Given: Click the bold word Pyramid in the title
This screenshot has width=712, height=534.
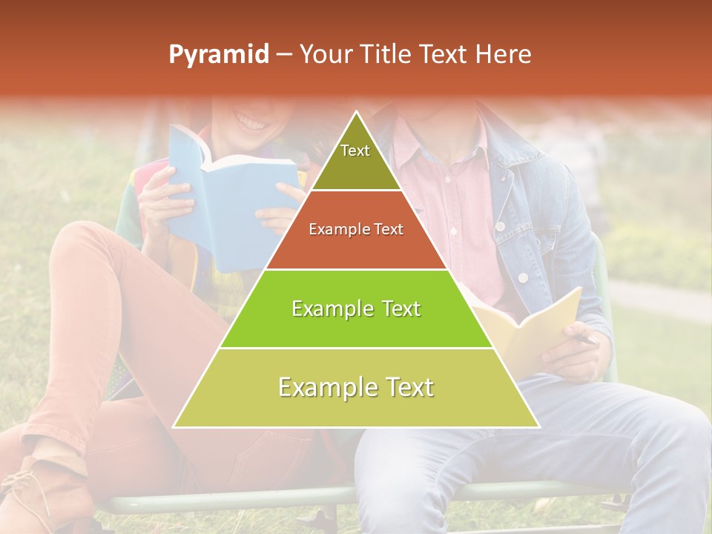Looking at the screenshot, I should (218, 55).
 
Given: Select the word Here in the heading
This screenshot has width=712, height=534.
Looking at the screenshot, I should (504, 55).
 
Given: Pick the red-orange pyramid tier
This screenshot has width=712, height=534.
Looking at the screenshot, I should (356, 230).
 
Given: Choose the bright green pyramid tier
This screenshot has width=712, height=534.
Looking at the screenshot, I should (356, 309).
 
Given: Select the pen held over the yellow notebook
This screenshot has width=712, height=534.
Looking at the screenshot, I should (586, 340).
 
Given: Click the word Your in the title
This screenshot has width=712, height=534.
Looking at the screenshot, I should (326, 55).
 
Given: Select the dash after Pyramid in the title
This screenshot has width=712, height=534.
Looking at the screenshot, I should (283, 55).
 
